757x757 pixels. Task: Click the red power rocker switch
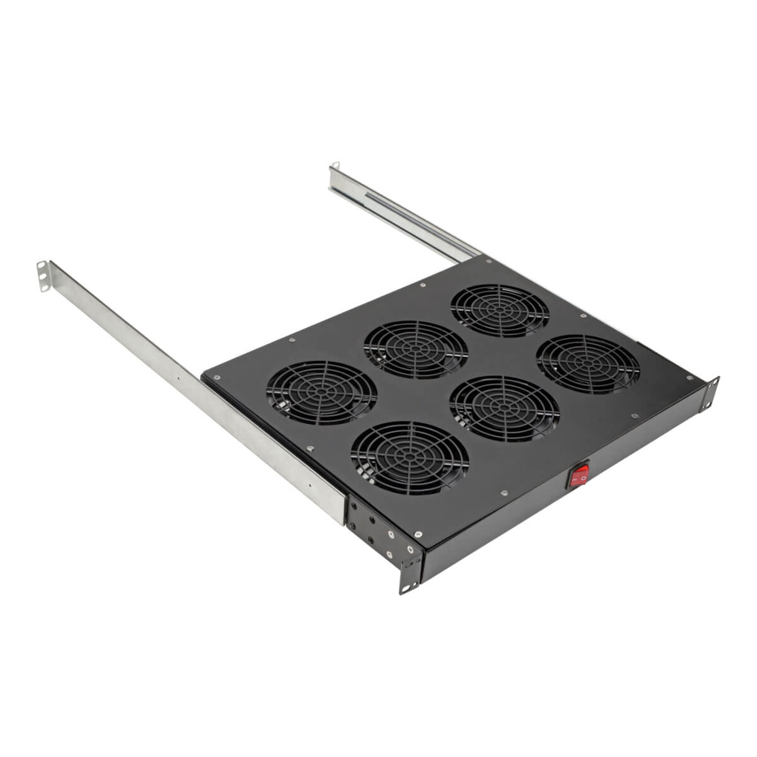click(579, 476)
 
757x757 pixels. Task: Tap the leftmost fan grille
click(322, 392)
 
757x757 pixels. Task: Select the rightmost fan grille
click(588, 364)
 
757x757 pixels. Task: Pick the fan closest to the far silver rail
click(500, 310)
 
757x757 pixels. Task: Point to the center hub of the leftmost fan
click(322, 392)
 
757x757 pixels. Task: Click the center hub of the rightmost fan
click(588, 365)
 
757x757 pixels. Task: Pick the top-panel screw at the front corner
click(418, 534)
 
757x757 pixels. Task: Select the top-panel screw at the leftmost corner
click(216, 378)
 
